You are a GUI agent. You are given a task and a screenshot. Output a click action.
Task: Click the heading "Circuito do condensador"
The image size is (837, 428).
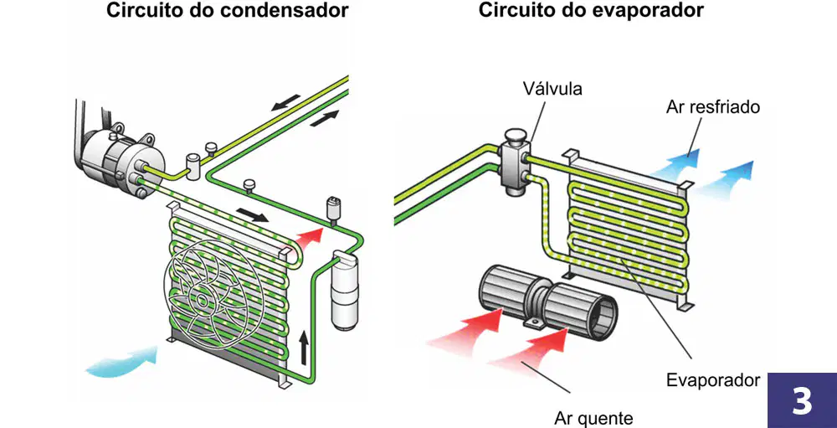tap(228, 11)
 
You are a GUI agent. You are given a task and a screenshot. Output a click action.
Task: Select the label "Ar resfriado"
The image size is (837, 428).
tap(712, 107)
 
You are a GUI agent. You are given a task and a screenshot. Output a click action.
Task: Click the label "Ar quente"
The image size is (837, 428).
tap(593, 417)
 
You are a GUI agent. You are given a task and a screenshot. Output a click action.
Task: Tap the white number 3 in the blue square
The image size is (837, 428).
tap(802, 400)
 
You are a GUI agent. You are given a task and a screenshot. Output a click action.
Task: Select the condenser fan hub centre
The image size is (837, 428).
tap(202, 300)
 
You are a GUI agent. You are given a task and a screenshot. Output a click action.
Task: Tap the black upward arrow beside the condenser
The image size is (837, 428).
tap(303, 345)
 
